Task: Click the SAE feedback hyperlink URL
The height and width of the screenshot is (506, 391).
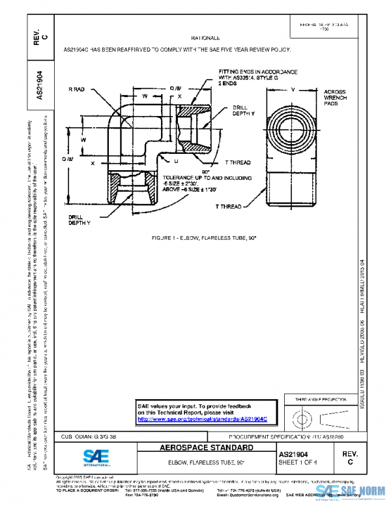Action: click(207, 419)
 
